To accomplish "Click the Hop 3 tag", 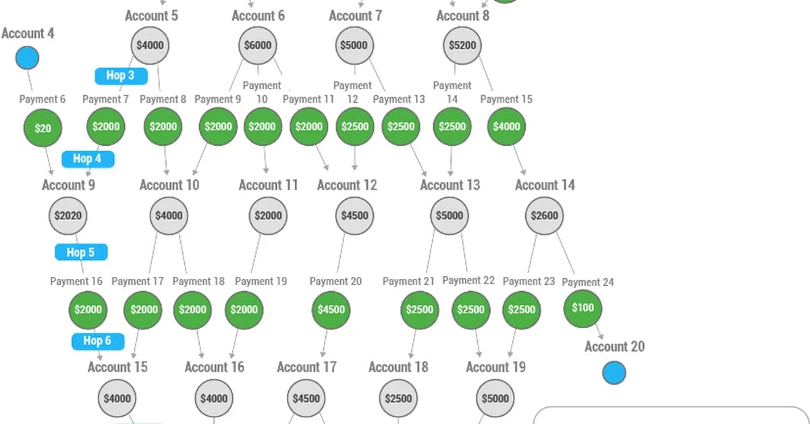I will click(121, 76).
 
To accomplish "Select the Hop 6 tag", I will click(98, 341).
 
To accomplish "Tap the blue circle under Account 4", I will click(27, 58).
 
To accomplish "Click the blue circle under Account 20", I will click(614, 373).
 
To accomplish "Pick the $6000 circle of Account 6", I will click(258, 46).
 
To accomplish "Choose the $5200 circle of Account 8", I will click(462, 46).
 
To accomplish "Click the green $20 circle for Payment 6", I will click(43, 128).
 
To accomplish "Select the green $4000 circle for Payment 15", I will click(506, 126).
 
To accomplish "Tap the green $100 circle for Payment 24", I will click(583, 308).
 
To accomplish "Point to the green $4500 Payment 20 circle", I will click(331, 310).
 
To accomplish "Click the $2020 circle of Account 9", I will click(68, 216).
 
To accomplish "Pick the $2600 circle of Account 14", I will click(544, 216).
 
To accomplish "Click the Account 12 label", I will click(347, 185).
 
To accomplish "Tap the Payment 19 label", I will click(261, 281).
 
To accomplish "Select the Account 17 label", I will click(306, 367).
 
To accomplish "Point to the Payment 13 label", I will click(399, 99).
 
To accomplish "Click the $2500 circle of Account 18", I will click(398, 398).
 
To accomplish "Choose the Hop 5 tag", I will click(81, 253).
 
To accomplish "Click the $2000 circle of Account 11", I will click(269, 216).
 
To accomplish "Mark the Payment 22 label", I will click(468, 280).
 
